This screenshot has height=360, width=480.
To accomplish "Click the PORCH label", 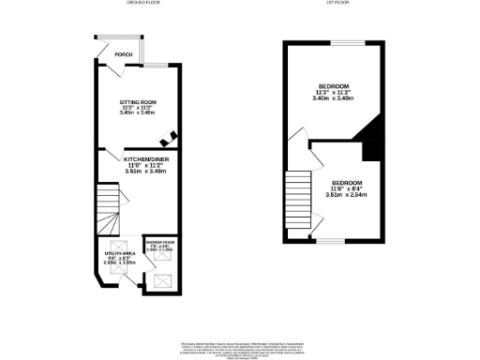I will [120, 55].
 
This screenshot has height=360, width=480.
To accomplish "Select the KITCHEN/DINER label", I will [144, 159].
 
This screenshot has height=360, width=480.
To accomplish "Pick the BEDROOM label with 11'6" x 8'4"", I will [345, 185].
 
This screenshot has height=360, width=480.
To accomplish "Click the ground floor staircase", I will [111, 211].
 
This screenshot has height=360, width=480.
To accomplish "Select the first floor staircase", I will [298, 198].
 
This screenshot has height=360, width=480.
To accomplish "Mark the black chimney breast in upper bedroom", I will [370, 141].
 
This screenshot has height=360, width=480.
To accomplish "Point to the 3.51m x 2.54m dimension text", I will [345, 196].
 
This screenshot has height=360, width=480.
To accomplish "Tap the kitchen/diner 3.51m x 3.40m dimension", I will [144, 172].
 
